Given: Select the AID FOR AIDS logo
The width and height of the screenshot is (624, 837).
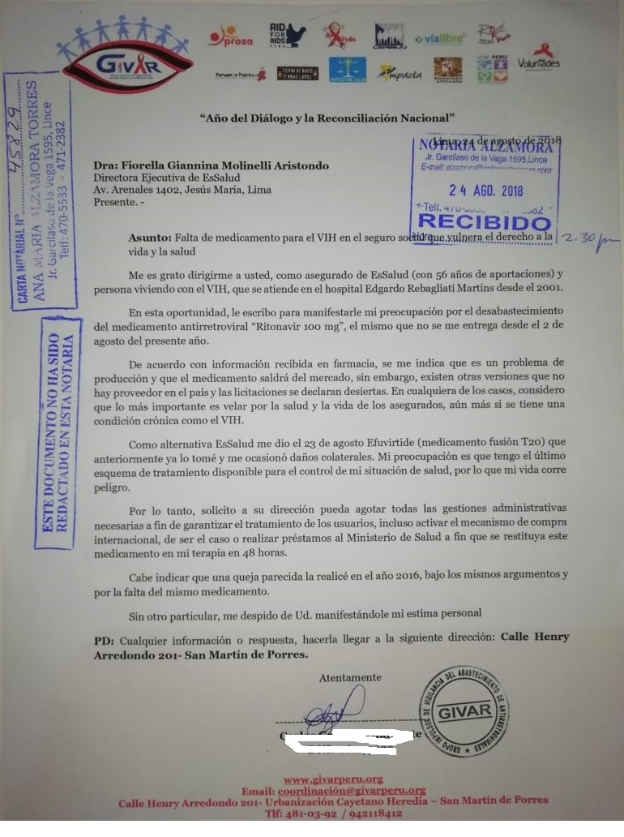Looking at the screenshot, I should tap(287, 35).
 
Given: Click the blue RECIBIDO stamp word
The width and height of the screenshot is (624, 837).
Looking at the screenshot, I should tap(484, 222).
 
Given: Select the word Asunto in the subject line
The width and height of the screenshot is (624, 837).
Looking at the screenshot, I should tap(150, 238).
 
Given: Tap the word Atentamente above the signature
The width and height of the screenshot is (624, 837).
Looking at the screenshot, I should tap(349, 677).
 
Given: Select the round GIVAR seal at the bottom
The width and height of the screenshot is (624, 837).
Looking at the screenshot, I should tap(464, 711).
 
